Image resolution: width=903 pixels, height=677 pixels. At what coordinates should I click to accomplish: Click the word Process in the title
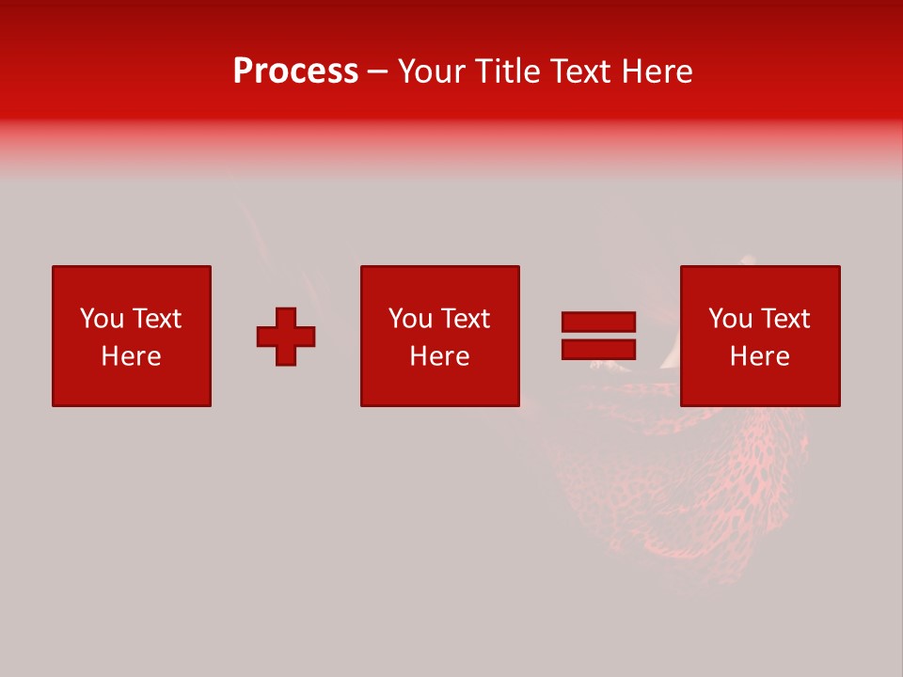(295, 71)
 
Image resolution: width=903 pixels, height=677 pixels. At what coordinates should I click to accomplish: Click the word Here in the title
(659, 71)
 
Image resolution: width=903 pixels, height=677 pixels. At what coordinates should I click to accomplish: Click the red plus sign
(286, 337)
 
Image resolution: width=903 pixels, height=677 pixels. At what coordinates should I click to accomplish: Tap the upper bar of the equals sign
(598, 323)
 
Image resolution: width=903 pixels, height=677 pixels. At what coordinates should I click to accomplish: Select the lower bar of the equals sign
(598, 349)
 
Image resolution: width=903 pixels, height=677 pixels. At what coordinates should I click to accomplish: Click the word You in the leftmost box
(102, 319)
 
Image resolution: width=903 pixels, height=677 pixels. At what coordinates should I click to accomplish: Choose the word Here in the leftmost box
(131, 356)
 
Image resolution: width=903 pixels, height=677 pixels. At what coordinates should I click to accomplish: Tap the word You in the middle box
(410, 319)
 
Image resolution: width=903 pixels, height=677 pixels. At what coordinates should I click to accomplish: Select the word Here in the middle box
(439, 356)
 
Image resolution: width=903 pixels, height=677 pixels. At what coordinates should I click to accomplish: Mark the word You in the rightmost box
(730, 319)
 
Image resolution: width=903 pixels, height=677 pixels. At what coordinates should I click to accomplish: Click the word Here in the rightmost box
(759, 356)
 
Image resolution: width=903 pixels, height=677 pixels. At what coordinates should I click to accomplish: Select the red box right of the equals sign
(759, 386)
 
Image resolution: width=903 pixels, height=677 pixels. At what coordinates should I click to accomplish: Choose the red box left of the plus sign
(131, 386)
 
